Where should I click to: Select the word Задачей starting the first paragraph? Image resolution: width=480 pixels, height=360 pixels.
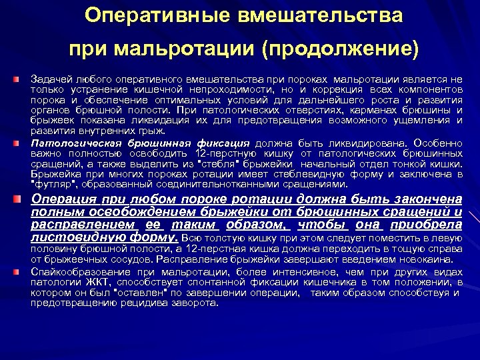49,79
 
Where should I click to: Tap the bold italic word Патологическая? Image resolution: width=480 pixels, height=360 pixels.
68,143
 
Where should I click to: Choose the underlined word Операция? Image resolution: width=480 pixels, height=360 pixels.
64,199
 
